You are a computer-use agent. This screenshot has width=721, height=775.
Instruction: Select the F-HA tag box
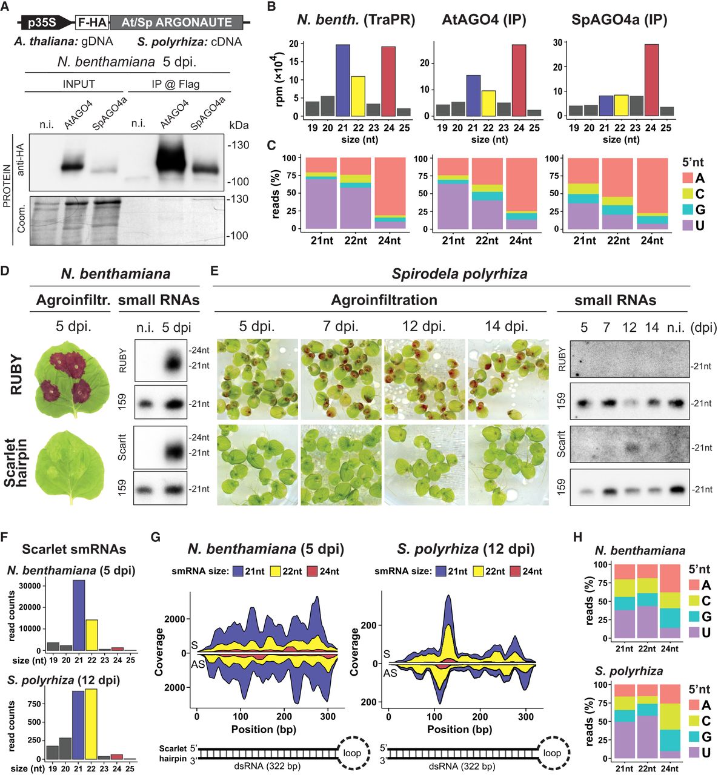[92, 22]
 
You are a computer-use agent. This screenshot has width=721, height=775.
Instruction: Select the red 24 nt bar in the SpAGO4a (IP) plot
[651, 80]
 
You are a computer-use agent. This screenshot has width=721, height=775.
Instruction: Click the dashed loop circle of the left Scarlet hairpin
[352, 753]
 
